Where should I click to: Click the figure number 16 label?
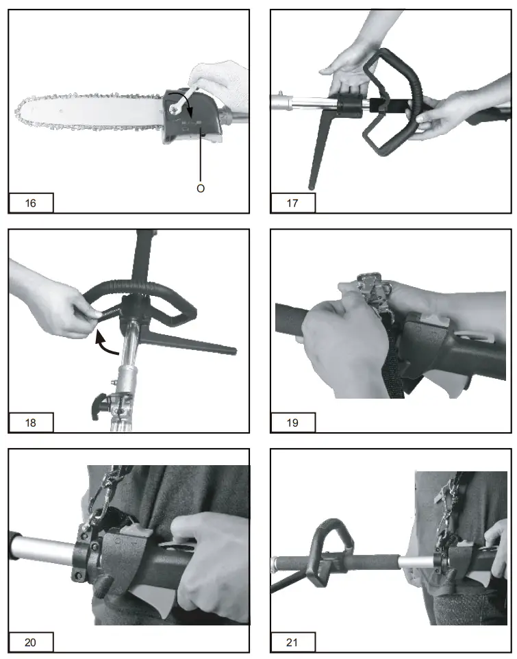pos(31,203)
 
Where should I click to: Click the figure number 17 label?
pos(293,203)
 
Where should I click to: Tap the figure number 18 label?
pos(31,423)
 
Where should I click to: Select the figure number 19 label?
pos(293,423)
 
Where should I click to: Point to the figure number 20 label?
pos(31,643)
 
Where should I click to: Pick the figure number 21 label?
pos(293,643)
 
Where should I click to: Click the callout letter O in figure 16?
pos(201,188)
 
